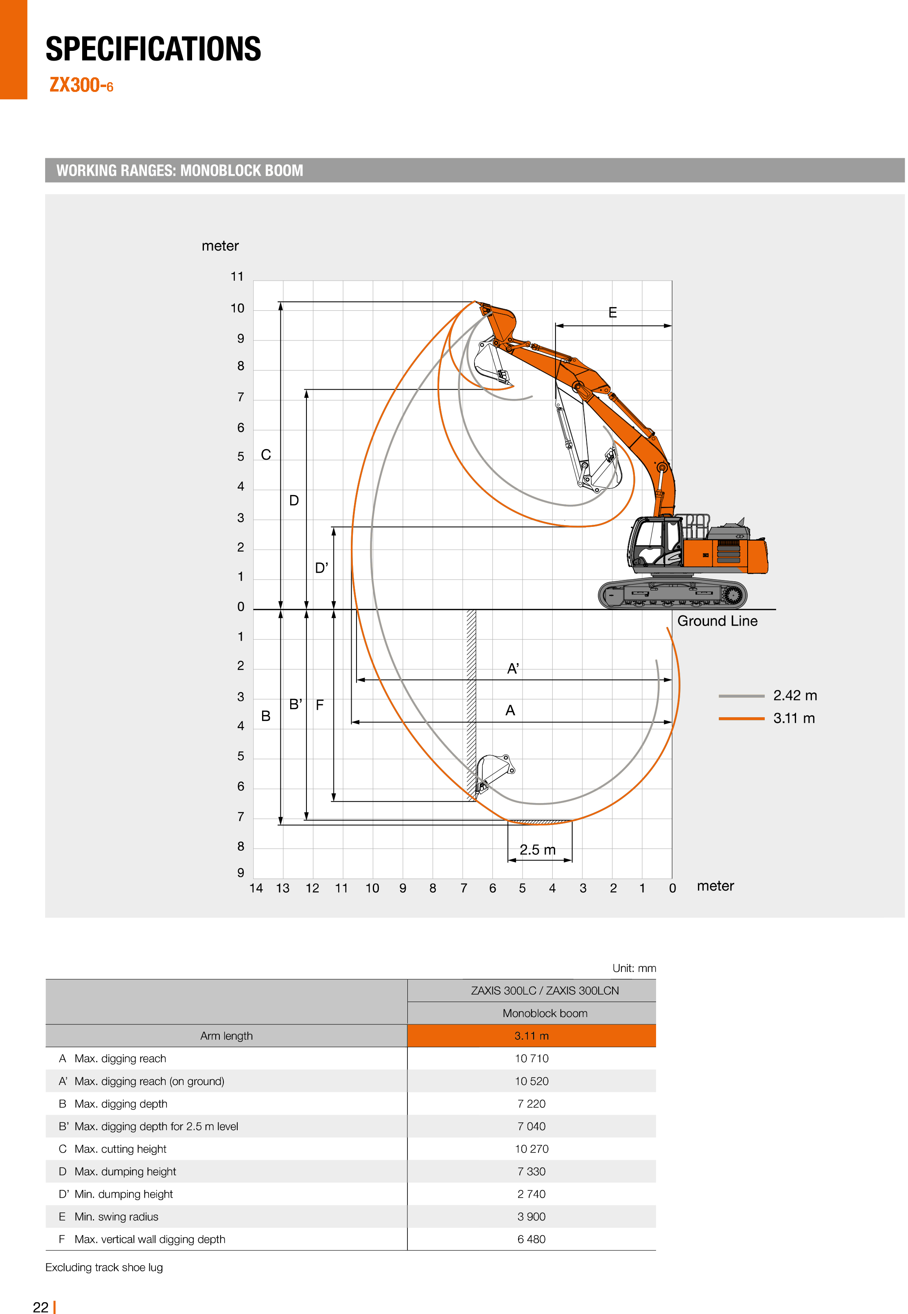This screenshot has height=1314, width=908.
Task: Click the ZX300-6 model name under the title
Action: (81, 85)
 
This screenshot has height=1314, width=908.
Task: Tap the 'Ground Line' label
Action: (717, 621)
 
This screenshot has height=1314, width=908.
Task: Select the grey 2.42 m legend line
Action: (741, 696)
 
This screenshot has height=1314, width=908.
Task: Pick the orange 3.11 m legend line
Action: (741, 719)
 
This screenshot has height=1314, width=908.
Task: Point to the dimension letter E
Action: (612, 313)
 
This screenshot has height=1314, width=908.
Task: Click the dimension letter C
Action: (266, 455)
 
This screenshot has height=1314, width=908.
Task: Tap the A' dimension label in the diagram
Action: (512, 669)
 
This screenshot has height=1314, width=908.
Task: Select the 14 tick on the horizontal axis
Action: (256, 888)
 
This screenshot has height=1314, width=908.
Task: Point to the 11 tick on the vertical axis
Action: (237, 277)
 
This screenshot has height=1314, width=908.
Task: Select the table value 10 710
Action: (532, 1058)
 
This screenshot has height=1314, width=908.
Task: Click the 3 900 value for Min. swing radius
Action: (532, 1216)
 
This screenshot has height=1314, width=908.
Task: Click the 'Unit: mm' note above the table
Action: (634, 968)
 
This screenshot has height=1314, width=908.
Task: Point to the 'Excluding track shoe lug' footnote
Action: (104, 1267)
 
